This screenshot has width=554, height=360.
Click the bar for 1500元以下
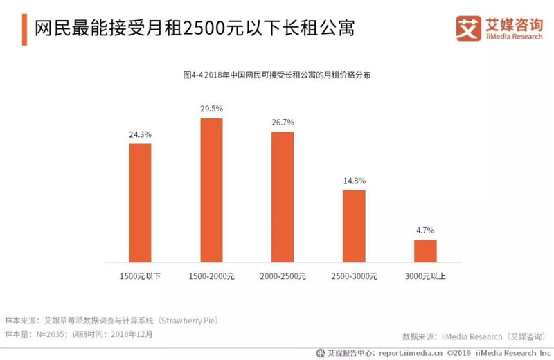click(x=140, y=203)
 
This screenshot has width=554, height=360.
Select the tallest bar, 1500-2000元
click(x=212, y=190)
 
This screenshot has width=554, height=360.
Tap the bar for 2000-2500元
click(x=283, y=197)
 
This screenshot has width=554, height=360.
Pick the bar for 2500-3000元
click(x=354, y=226)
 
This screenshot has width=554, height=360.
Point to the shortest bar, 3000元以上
click(x=425, y=251)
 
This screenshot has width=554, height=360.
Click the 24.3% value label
click(x=140, y=134)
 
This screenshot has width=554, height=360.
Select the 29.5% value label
click(x=212, y=109)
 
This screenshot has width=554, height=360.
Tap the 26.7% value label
click(x=283, y=123)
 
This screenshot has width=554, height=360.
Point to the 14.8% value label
click(x=355, y=181)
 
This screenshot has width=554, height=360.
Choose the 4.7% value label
click(x=425, y=231)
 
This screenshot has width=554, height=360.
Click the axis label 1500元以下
click(x=140, y=276)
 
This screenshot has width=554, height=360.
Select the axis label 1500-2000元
click(x=212, y=276)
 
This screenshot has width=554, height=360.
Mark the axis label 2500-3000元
click(x=355, y=276)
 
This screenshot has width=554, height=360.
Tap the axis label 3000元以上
click(x=425, y=276)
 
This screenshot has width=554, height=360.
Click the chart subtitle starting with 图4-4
click(x=276, y=75)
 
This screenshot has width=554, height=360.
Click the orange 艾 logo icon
click(x=469, y=28)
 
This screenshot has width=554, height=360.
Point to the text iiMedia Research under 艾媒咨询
click(x=514, y=37)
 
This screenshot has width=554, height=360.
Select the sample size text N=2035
click(x=50, y=334)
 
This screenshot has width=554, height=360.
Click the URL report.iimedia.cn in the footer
click(x=410, y=353)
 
